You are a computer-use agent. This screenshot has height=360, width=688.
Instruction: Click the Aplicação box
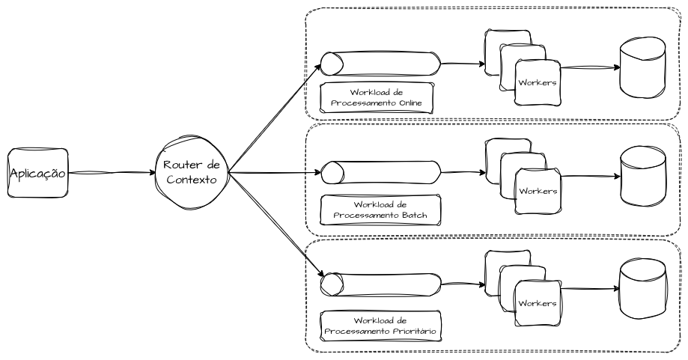click(37, 173)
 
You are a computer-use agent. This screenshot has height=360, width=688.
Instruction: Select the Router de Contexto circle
click(190, 173)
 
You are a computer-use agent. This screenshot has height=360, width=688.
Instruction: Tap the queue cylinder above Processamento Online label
click(380, 64)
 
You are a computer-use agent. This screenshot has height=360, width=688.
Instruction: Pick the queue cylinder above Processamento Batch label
click(380, 172)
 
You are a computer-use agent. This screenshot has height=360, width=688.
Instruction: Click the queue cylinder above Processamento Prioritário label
click(380, 285)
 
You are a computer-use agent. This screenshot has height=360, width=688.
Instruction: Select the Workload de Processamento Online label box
click(377, 97)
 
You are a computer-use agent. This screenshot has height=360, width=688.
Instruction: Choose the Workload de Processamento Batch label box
click(380, 209)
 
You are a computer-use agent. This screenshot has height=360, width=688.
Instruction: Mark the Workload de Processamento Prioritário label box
click(380, 325)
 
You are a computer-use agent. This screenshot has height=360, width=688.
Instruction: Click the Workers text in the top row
click(538, 82)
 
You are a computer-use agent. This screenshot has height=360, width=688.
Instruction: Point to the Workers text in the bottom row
click(538, 303)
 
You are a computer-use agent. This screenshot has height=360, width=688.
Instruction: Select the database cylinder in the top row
click(642, 67)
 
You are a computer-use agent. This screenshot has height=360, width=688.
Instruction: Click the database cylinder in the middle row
click(642, 175)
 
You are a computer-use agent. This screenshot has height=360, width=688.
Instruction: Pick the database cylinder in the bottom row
click(642, 288)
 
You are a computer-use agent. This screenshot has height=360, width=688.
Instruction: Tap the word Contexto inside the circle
click(191, 180)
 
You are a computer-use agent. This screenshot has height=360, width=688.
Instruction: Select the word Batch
click(414, 215)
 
